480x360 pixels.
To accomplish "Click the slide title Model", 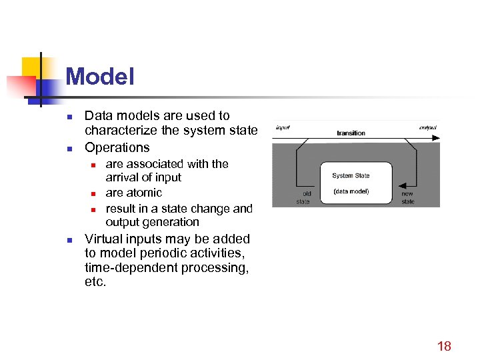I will coord(100,77).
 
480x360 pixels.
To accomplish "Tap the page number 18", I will coord(444,345).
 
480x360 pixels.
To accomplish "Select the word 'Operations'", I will coord(117,147).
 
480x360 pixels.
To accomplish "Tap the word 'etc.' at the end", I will coord(95,282).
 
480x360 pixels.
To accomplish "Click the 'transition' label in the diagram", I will coord(351,133).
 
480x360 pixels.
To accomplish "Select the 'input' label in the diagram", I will coord(283,127).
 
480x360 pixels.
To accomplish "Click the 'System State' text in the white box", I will coord(351,176).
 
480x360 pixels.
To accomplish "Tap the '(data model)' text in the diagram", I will coord(351,191).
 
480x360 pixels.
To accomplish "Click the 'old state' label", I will coord(303,197).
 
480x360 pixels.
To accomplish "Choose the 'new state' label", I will coord(407,197).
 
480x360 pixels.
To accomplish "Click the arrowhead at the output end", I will coord(435,138).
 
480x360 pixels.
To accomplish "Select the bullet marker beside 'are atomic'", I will coord(94,193).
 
